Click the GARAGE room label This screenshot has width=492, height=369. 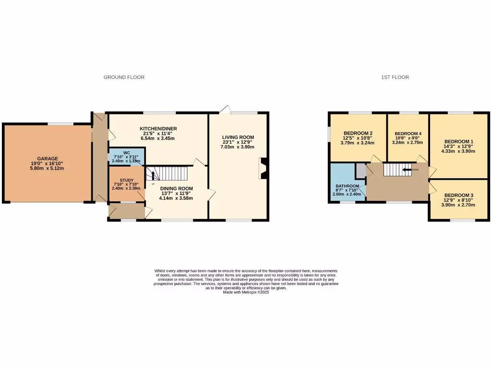click(x=48, y=159)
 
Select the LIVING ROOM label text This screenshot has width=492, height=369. click(x=238, y=137)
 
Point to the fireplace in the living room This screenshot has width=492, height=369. click(x=263, y=169)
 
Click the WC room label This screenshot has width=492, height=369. click(x=126, y=152)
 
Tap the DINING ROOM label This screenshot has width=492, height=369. click(x=176, y=188)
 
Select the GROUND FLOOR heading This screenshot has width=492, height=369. click(x=124, y=77)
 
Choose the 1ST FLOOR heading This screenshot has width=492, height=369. click(x=395, y=77)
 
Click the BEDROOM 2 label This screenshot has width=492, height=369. click(x=358, y=133)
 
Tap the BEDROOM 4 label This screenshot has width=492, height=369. click(x=408, y=134)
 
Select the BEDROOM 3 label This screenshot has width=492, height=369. click(x=458, y=195)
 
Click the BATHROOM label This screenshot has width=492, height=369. click(x=347, y=186)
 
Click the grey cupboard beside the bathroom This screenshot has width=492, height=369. click(x=360, y=170)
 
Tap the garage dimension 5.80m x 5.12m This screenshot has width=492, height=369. click(x=48, y=168)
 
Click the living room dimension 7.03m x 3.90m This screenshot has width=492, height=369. click(x=238, y=147)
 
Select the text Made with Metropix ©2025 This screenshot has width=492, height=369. click(x=246, y=292)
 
